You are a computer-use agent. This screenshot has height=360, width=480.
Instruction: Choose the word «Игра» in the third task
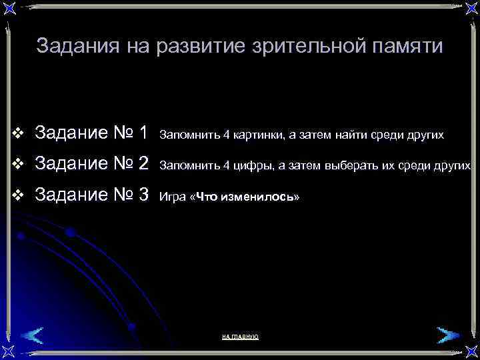[173, 198]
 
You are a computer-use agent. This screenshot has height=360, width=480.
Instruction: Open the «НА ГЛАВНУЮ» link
[240, 337]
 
